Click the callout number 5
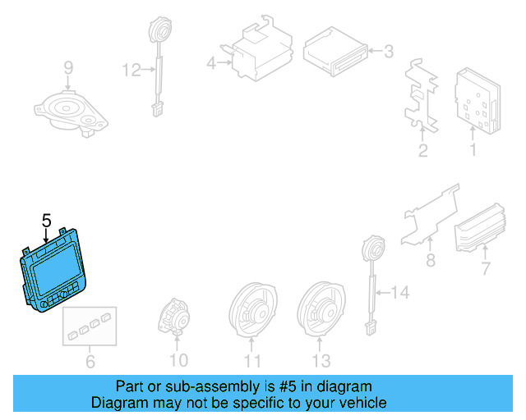(x=46, y=220)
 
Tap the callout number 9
(x=68, y=67)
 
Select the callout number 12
(x=131, y=71)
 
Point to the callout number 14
(x=399, y=291)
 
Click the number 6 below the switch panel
(x=90, y=359)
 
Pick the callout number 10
(x=179, y=359)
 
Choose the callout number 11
(x=253, y=360)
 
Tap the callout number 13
(x=321, y=360)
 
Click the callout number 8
(x=429, y=262)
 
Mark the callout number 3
(x=388, y=52)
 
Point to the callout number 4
(x=210, y=62)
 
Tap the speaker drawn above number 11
(x=253, y=312)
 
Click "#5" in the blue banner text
(x=291, y=386)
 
